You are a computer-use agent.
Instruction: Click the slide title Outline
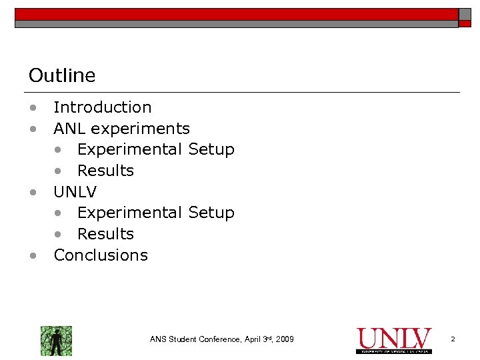(62, 76)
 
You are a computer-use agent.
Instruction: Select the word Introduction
(102, 107)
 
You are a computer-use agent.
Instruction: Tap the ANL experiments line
(121, 129)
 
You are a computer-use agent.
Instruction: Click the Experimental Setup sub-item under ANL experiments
(155, 149)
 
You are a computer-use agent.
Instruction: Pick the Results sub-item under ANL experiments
(105, 171)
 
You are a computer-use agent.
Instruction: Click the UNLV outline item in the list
(75, 192)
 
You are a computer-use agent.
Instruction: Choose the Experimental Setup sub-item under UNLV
(155, 213)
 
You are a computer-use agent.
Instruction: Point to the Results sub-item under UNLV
(105, 234)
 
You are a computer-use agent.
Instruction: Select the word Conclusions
(101, 255)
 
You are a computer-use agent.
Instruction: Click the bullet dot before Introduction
(32, 108)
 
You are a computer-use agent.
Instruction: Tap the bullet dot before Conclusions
(32, 256)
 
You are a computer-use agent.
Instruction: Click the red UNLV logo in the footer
(394, 339)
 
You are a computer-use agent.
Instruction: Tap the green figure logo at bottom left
(56, 341)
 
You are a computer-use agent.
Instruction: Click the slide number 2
(453, 340)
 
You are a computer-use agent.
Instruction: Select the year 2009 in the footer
(283, 340)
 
